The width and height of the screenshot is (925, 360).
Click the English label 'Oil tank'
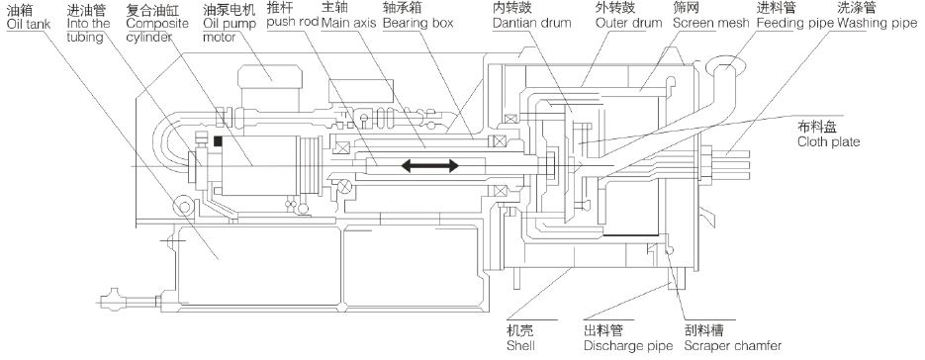coord(29,25)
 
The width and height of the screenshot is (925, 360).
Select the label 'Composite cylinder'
coord(157,30)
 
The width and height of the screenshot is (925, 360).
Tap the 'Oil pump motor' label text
coord(229,30)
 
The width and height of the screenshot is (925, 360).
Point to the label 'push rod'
coord(293,23)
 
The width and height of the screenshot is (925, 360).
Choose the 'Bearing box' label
coord(417,24)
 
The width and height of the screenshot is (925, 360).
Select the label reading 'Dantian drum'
coord(532,24)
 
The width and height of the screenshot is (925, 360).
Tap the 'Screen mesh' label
coord(711,24)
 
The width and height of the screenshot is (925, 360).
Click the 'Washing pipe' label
coord(878,24)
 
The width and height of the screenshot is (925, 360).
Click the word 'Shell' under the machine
coord(520,345)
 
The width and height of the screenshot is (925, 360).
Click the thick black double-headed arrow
coord(429,166)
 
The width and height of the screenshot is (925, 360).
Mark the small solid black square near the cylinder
coord(218,141)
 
